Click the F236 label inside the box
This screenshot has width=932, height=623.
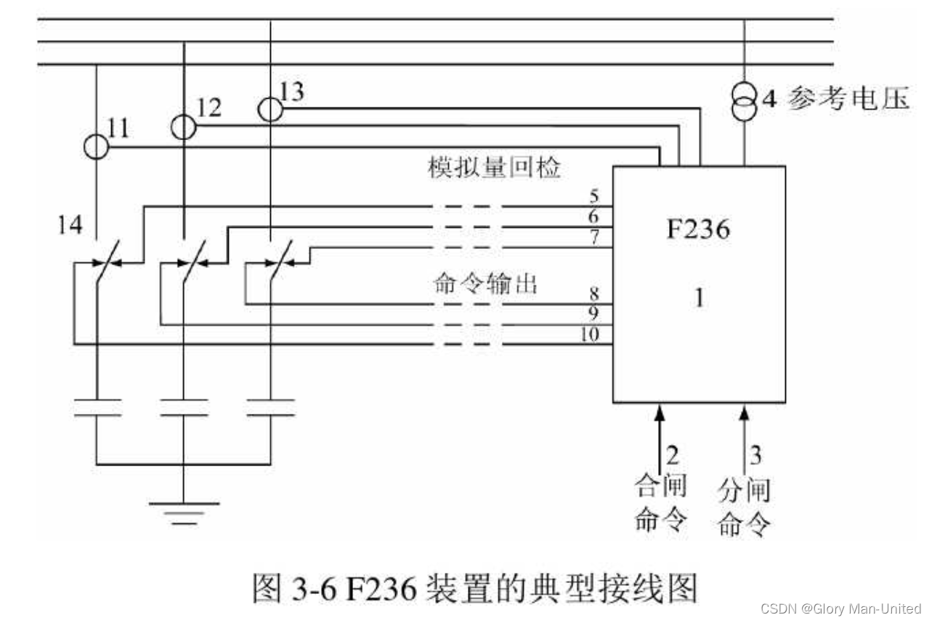[x=698, y=231]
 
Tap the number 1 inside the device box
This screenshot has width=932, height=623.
[x=699, y=298]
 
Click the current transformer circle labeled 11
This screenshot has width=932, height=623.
[x=96, y=147]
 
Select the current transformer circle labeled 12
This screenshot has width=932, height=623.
[x=183, y=127]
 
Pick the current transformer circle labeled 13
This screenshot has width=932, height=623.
[x=270, y=109]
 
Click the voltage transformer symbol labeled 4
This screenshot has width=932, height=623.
[x=743, y=105]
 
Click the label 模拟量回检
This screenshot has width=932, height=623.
[x=493, y=168]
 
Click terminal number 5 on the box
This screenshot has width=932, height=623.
[x=593, y=196]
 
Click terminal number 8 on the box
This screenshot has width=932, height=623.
[x=593, y=294]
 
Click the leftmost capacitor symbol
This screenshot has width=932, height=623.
[x=96, y=407]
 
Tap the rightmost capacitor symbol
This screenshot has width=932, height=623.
[x=270, y=407]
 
